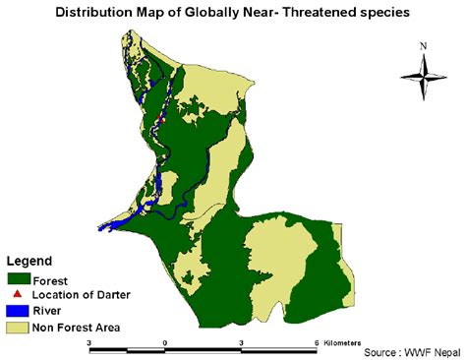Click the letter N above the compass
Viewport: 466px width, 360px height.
click(x=423, y=45)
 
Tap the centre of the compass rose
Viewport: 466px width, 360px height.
click(x=423, y=76)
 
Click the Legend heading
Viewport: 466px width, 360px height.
click(x=29, y=261)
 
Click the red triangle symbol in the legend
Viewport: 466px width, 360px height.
click(x=18, y=293)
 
